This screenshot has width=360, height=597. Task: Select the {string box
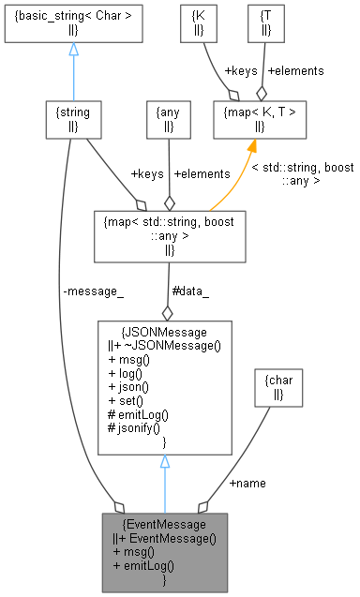73,119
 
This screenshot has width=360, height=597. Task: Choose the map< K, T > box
258,119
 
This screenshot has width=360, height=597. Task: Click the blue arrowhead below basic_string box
73,50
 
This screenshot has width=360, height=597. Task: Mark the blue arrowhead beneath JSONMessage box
165,462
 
